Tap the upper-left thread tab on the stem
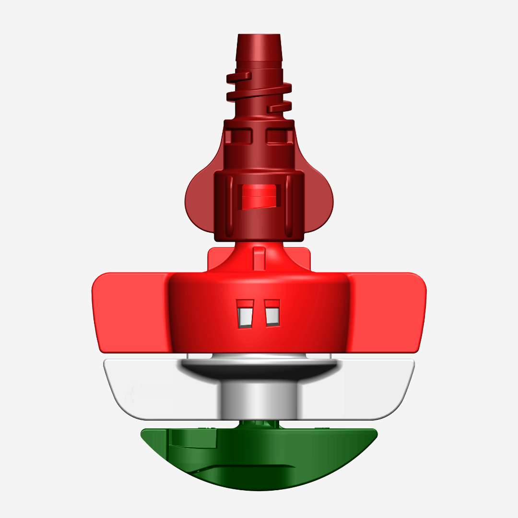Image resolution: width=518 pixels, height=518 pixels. click(x=239, y=76)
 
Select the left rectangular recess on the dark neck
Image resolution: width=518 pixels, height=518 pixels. click(x=238, y=136)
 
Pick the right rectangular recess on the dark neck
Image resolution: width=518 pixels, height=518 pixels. click(x=280, y=136)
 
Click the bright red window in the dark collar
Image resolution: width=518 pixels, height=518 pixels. click(x=259, y=197)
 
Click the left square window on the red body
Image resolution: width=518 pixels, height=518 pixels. click(x=246, y=315)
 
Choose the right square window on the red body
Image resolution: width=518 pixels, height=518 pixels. click(x=272, y=315)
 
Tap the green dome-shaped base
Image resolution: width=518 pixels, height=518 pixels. click(x=259, y=460)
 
